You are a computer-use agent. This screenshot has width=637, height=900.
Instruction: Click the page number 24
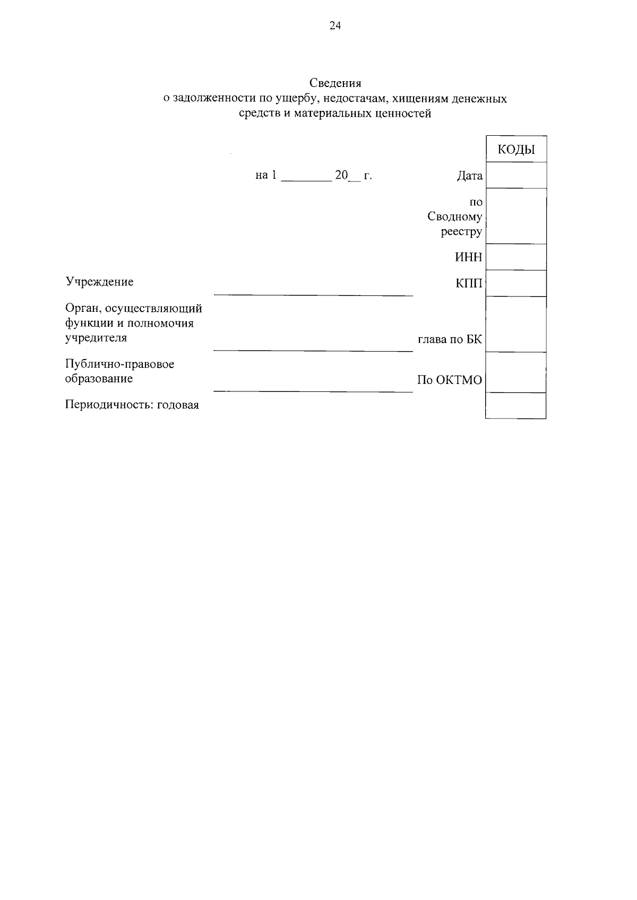(335, 26)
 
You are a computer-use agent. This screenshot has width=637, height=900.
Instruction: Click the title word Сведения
(335, 83)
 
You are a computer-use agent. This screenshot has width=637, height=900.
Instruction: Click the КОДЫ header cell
(516, 150)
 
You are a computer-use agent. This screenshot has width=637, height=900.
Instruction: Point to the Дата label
(470, 176)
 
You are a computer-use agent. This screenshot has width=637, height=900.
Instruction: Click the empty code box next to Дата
(516, 176)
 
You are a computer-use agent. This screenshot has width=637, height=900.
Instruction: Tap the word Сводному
(455, 217)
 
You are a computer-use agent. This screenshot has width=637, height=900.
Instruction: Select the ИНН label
(469, 258)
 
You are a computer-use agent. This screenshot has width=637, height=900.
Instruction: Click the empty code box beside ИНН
(516, 257)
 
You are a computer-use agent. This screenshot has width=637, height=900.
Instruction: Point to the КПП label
(469, 284)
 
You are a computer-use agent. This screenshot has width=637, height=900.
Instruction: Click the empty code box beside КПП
(516, 283)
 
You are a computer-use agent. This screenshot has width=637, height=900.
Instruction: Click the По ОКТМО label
(450, 380)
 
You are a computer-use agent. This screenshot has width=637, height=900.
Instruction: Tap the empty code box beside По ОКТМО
(516, 373)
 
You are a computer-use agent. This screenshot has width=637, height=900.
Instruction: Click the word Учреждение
(99, 282)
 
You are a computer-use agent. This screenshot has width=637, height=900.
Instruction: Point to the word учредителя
(96, 338)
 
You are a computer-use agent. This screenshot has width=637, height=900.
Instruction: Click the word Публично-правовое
(119, 364)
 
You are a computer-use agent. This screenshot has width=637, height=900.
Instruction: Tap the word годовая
(178, 405)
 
